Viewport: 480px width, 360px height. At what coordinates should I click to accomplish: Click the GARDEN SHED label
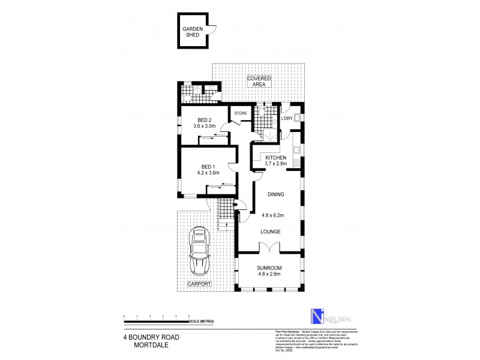pyautogui.click(x=193, y=32)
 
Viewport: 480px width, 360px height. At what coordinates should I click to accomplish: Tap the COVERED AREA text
pyautogui.click(x=259, y=82)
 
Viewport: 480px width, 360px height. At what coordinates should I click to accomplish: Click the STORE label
pyautogui.click(x=241, y=113)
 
